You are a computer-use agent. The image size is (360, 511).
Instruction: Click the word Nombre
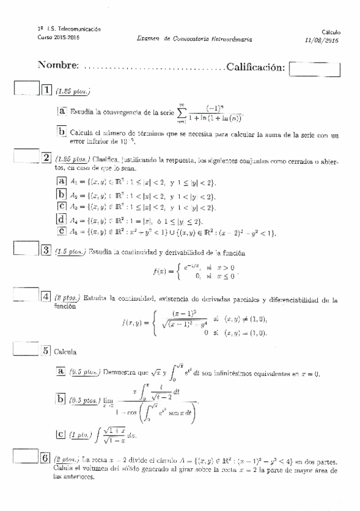(x=58, y=65)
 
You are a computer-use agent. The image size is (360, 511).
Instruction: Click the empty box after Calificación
(x=315, y=67)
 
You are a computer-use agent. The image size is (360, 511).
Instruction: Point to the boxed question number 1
(x=46, y=90)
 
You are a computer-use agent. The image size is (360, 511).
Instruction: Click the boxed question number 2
(x=46, y=158)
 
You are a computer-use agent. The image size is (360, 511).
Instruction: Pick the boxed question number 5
(x=46, y=350)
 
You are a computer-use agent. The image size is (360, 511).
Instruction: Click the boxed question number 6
(x=46, y=457)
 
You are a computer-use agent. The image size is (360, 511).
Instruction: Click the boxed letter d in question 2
(x=60, y=220)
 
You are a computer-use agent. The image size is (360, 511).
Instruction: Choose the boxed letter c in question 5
(x=60, y=433)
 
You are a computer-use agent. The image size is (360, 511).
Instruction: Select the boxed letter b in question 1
(x=62, y=132)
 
